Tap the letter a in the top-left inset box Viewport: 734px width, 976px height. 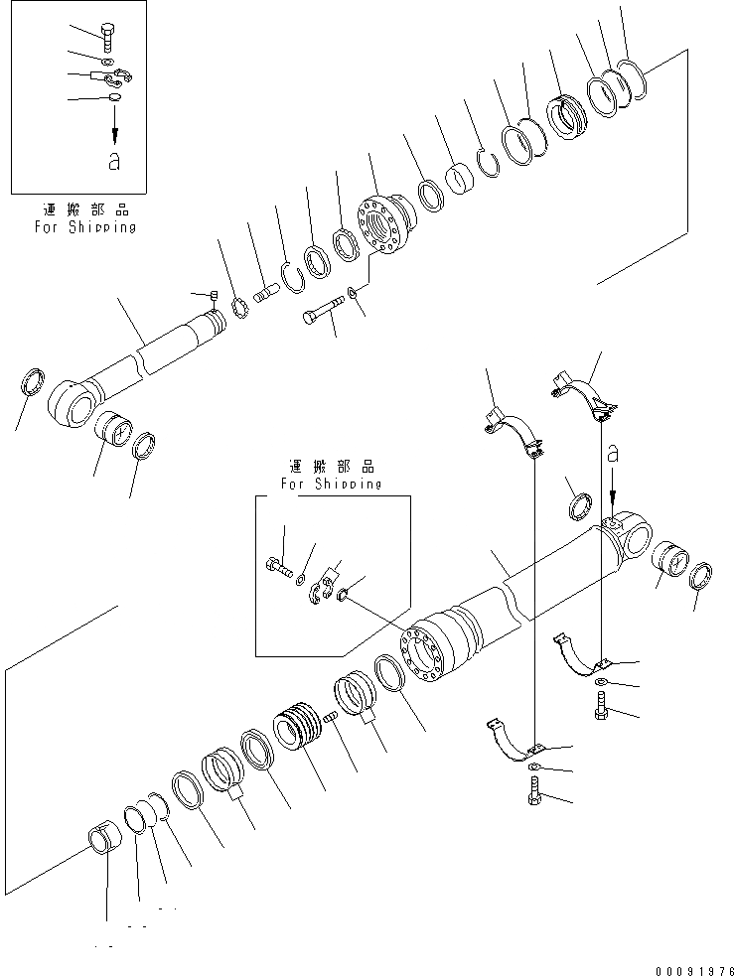click(x=114, y=162)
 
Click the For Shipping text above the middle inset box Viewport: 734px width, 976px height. click(x=331, y=484)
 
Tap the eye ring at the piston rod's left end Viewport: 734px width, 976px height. click(x=69, y=401)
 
